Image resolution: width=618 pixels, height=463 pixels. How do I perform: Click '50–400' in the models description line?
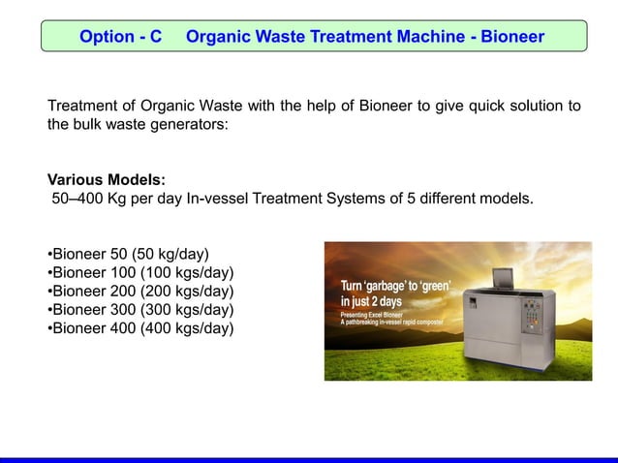click(77, 200)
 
